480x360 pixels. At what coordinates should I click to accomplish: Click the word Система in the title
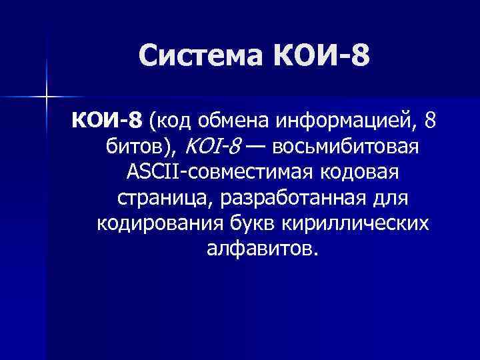click(201, 58)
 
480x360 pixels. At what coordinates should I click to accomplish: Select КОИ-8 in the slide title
click(320, 58)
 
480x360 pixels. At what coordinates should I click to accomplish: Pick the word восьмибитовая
click(347, 147)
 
